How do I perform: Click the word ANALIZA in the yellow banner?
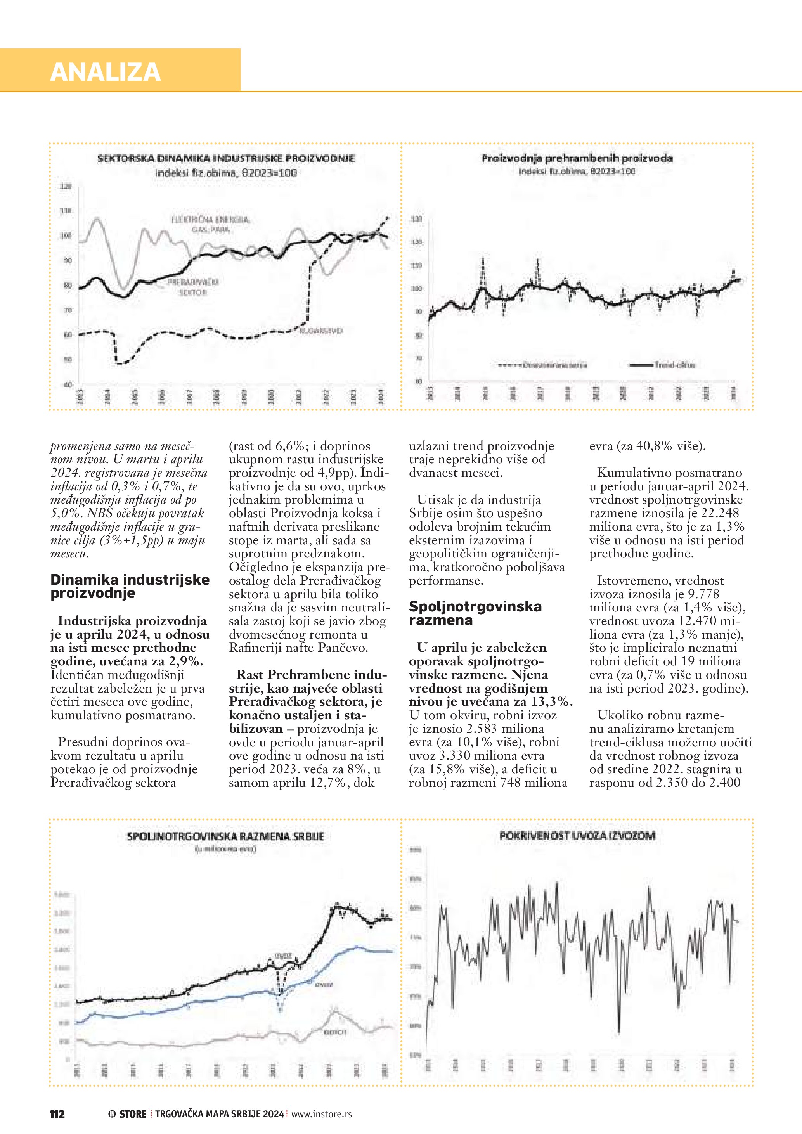pyautogui.click(x=105, y=72)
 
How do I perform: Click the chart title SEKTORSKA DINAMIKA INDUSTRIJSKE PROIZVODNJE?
pyautogui.click(x=226, y=159)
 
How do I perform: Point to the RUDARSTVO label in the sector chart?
pyautogui.click(x=321, y=331)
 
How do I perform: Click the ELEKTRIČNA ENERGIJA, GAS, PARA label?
pyautogui.click(x=210, y=224)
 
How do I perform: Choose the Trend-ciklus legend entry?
pyautogui.click(x=674, y=365)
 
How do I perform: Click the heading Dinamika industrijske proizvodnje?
pyautogui.click(x=130, y=586)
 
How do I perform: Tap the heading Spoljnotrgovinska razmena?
pyautogui.click(x=475, y=613)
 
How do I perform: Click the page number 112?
pyautogui.click(x=57, y=1114)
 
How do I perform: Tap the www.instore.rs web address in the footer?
pyautogui.click(x=322, y=1114)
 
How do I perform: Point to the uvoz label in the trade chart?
pyautogui.click(x=284, y=956)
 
